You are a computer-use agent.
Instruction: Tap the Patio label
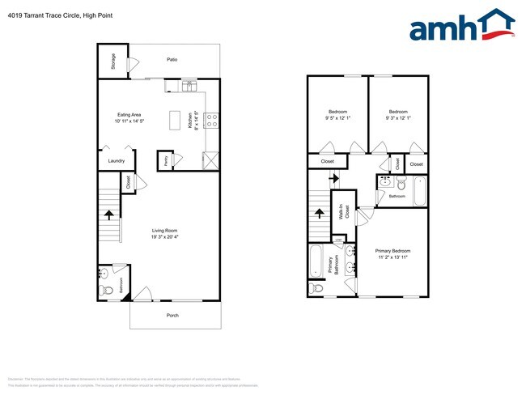point(172,60)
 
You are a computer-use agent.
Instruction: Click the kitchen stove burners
point(211,121)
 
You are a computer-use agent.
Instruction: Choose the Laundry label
point(117,160)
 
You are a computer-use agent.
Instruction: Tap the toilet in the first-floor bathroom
point(105,291)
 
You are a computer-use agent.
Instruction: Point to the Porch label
point(172,315)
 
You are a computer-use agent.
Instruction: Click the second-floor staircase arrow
point(318,214)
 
